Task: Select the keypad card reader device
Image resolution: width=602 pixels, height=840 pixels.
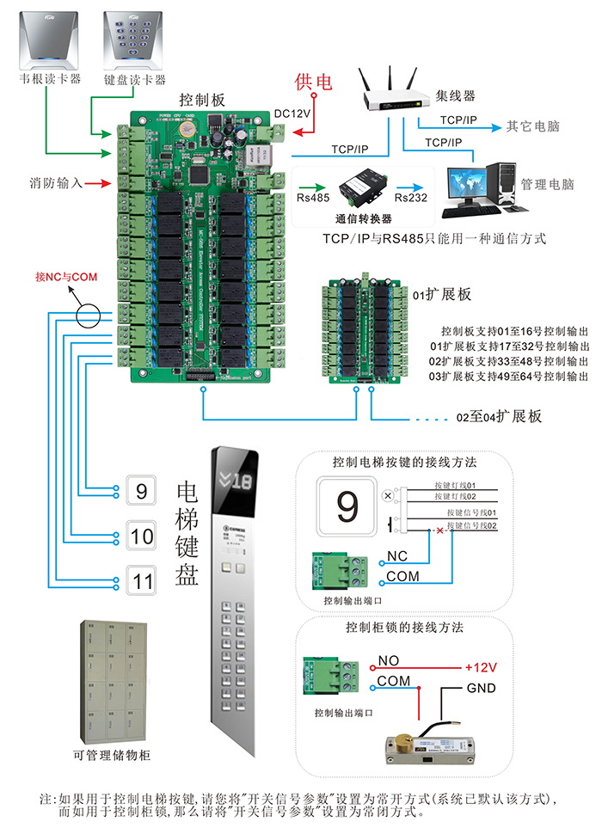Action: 133,38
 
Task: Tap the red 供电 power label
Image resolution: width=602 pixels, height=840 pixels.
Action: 313,82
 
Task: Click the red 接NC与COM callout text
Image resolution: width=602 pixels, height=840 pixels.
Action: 66,277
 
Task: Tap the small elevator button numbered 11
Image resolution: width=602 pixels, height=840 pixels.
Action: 141,580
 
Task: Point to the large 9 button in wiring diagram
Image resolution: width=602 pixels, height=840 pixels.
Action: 347,507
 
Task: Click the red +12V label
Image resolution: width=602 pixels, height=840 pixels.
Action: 481,667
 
